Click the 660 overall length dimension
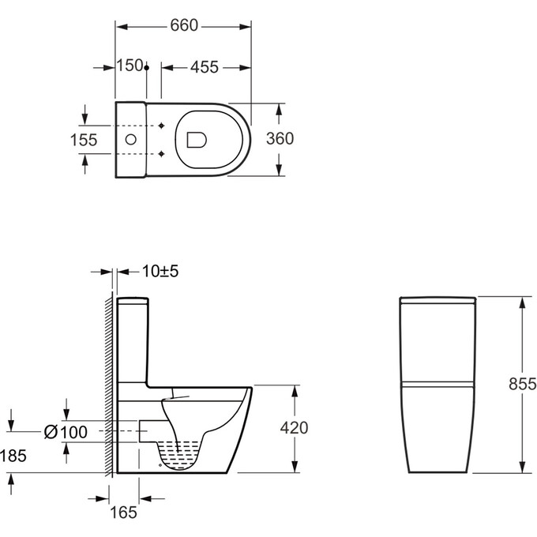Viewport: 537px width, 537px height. tap(184, 25)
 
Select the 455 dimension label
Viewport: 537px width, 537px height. tap(205, 67)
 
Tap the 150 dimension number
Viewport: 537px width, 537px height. tap(130, 65)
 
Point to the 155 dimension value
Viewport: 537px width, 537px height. tap(84, 140)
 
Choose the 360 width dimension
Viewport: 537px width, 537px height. tap(280, 139)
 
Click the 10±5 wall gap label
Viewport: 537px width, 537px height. tap(160, 271)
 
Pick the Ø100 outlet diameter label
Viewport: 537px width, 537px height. tap(66, 432)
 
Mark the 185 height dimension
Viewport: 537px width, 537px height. tap(13, 456)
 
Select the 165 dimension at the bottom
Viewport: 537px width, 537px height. tap(123, 513)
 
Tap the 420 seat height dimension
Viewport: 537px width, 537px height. tap(295, 428)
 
